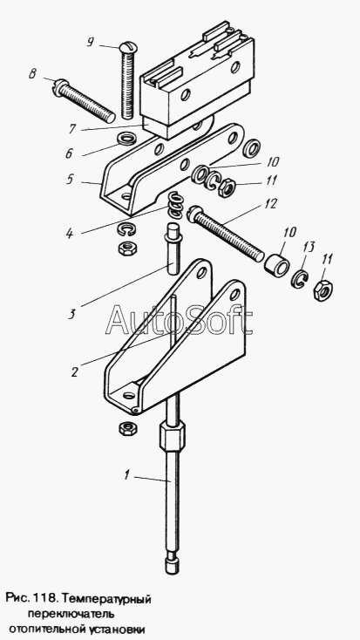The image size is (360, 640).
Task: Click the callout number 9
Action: click(90, 43)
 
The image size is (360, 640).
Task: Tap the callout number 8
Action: click(33, 74)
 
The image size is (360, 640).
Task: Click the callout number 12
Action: click(271, 203)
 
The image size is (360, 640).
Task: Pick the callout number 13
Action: click(309, 247)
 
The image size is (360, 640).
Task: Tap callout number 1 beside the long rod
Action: click(127, 475)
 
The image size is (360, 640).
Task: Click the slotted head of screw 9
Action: click(129, 48)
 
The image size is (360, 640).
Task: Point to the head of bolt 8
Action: click(60, 87)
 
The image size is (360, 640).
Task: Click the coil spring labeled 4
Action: click(175, 206)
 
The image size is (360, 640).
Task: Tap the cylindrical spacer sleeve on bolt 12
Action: click(275, 267)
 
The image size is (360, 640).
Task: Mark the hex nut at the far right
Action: click(323, 289)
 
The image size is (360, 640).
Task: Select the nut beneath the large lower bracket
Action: click(127, 428)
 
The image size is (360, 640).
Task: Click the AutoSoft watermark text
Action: click(179, 320)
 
